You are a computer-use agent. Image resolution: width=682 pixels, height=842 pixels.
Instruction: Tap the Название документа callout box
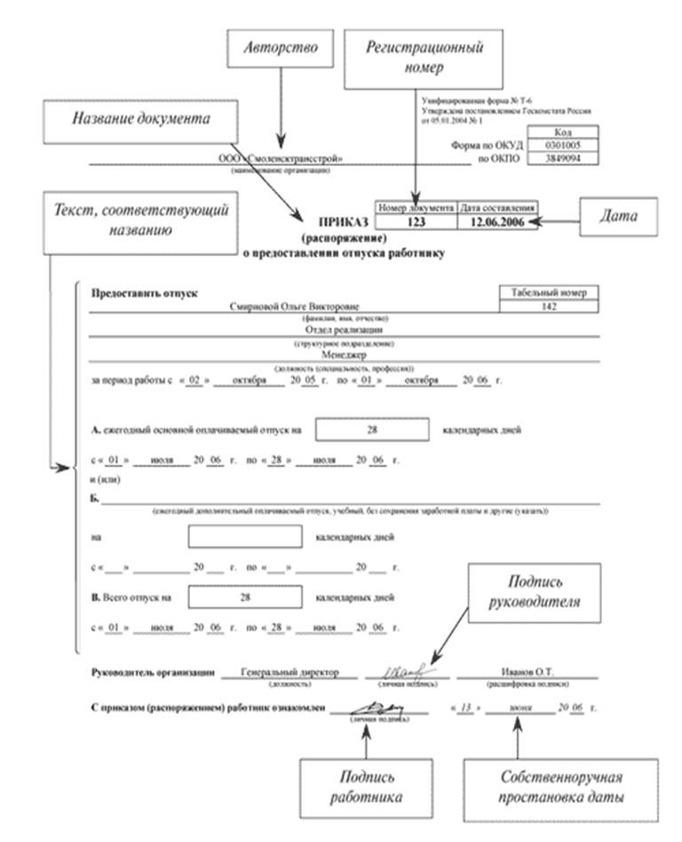click(142, 120)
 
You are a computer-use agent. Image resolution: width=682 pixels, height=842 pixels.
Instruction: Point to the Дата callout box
click(619, 216)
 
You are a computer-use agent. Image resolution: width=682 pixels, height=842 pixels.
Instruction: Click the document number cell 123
click(416, 222)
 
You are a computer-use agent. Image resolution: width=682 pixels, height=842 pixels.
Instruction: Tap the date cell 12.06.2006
click(498, 222)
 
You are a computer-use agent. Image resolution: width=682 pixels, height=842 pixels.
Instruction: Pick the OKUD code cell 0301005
click(558, 145)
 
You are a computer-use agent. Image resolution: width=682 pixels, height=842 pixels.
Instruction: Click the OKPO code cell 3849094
click(558, 158)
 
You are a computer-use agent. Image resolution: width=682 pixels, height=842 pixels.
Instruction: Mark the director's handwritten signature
click(404, 671)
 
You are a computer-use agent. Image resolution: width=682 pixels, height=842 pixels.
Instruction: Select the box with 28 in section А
click(371, 429)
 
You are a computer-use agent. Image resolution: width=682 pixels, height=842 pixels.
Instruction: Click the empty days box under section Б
click(245, 537)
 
